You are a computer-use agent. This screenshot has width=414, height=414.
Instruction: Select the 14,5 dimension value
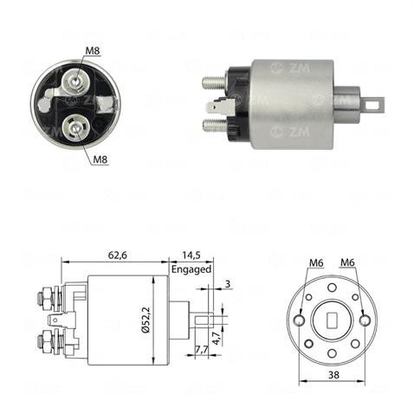coord(191,255)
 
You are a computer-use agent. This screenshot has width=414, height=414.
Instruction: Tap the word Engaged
coord(191,269)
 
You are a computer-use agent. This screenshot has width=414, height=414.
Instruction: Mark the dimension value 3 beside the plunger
coord(227,283)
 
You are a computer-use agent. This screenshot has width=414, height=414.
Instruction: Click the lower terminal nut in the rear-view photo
coord(78,129)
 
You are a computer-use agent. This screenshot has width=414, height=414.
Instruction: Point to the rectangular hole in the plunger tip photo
coord(373,106)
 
